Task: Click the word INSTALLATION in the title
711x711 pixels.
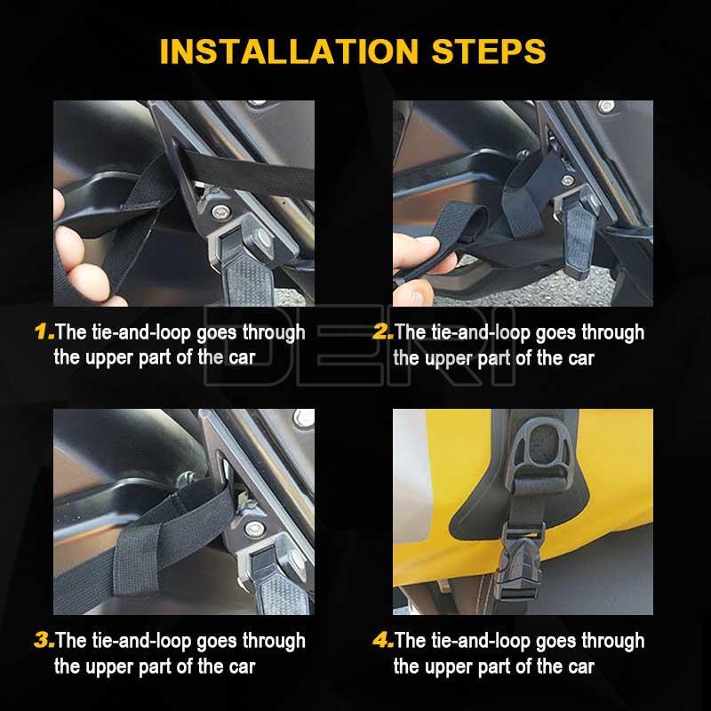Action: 289,52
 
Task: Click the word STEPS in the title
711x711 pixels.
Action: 488,52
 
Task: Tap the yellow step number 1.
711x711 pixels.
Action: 44,332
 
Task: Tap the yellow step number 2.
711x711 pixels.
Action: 382,332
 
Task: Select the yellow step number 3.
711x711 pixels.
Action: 44,640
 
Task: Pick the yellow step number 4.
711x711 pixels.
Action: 383,640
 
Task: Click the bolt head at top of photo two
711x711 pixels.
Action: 606,107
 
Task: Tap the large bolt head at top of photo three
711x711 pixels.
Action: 304,419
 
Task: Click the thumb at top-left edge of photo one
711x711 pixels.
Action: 58,205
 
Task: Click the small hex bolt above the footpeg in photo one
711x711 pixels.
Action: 220,211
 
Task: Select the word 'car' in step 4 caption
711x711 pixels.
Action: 581,667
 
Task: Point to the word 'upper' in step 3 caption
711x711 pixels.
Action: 109,667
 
